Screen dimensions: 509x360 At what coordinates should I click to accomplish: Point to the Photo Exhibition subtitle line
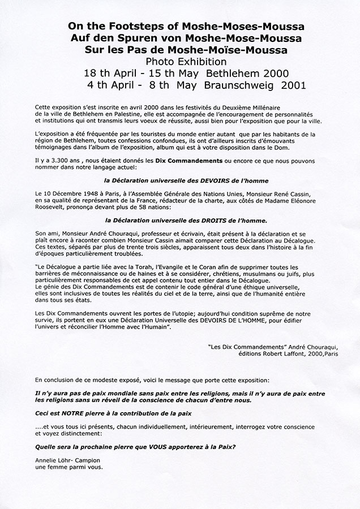click(x=181, y=62)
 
